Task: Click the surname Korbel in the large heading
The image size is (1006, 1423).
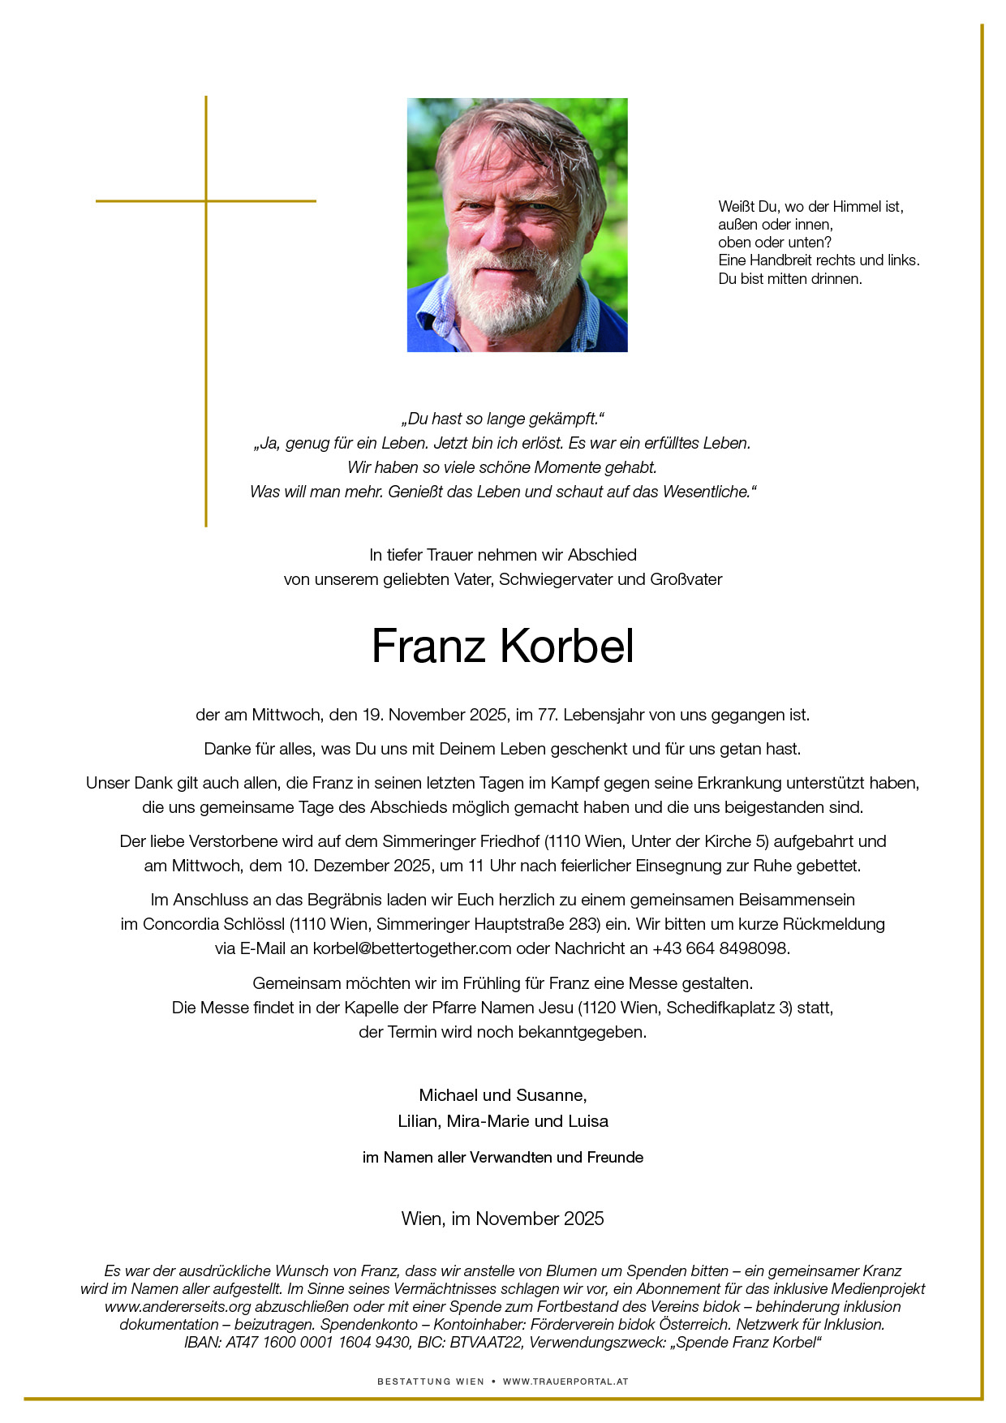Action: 566,647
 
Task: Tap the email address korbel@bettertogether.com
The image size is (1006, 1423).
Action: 412,948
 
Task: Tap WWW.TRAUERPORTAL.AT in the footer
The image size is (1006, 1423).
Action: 565,1382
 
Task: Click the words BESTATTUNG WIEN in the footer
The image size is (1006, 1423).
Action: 431,1382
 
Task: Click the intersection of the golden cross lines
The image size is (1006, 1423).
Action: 206,200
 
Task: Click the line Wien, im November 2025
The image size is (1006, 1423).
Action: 502,1219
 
